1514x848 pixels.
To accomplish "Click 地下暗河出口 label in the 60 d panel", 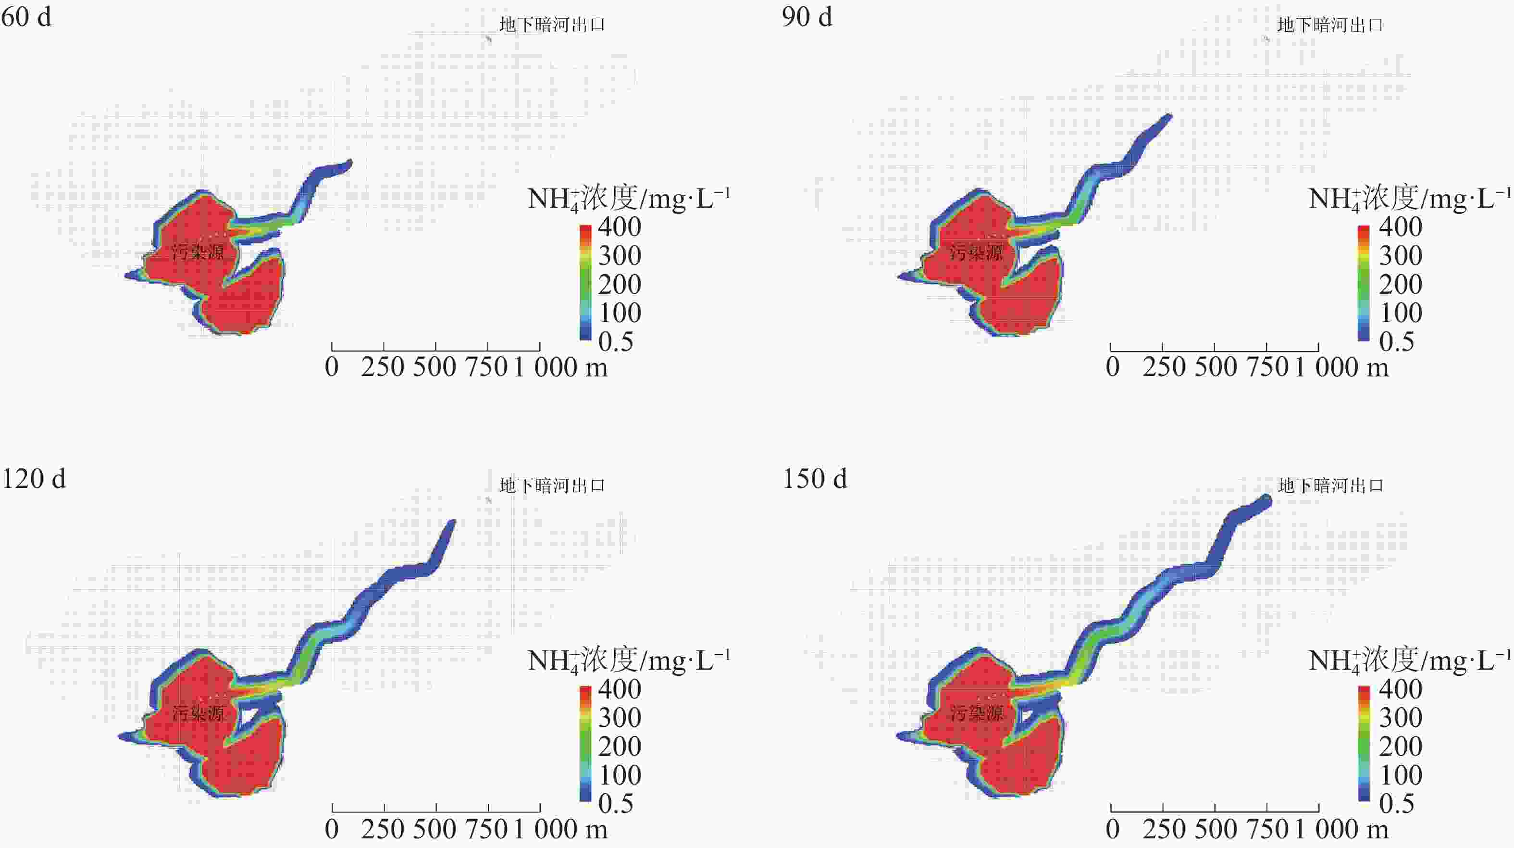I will coord(552,25).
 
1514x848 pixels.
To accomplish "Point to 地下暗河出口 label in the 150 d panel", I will coord(1330,486).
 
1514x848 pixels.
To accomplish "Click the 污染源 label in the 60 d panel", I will coord(198,253).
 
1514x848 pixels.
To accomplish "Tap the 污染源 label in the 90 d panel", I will coord(976,253).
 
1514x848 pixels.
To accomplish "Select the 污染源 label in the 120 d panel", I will coord(198,713).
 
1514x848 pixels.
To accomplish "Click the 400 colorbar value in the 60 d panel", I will coord(620,227).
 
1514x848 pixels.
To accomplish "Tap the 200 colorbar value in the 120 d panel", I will coord(620,747).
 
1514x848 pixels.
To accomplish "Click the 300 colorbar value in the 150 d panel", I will coord(1401,718).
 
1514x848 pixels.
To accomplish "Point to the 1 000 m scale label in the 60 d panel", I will coord(561,368).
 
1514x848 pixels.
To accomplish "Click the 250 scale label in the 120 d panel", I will coord(383,829).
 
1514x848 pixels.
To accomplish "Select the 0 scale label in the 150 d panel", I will coord(1112,829).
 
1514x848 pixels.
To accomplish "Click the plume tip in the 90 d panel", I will coord(1168,117).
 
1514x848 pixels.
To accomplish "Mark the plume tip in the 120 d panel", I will coord(452,523).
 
